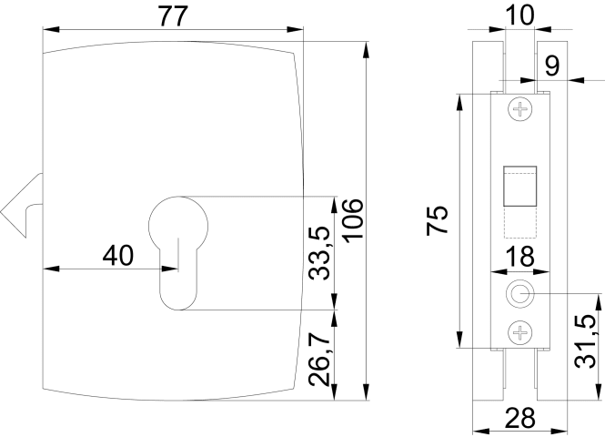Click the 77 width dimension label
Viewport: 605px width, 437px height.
pos(173,16)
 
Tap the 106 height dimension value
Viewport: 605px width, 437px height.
pos(353,221)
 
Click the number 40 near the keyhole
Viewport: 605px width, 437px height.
pos(118,255)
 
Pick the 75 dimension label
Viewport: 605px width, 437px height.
pos(438,220)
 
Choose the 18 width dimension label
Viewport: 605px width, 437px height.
pos(519,256)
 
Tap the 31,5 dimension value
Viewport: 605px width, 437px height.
pos(585,341)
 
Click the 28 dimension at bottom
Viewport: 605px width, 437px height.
pos(520,418)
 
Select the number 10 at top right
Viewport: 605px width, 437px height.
pos(519,15)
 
